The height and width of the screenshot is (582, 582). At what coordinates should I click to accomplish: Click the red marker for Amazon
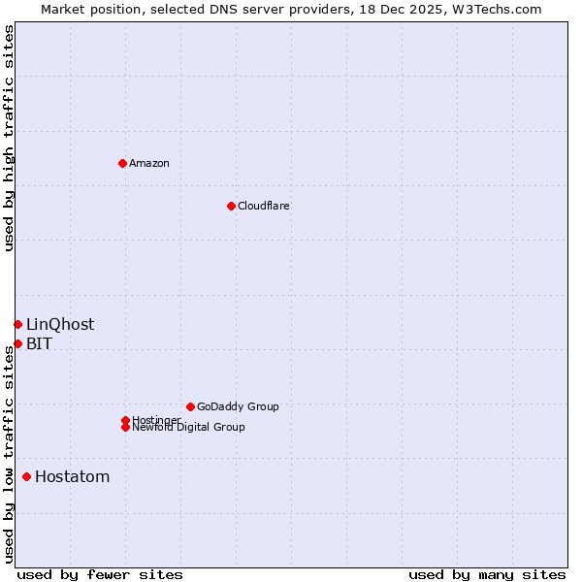[122, 163]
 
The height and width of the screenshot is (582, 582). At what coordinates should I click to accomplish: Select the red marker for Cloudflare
[231, 206]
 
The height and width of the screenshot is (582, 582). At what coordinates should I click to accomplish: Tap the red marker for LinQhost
[17, 324]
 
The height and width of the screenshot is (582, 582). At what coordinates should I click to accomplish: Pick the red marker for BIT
[17, 343]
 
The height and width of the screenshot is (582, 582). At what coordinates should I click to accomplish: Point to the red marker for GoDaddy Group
[190, 406]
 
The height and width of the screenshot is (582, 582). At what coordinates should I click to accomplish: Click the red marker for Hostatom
[26, 476]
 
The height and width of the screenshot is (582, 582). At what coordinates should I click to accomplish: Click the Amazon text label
[148, 163]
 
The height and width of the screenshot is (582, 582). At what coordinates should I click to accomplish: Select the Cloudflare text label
[263, 206]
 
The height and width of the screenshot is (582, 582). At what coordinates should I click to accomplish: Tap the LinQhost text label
[60, 324]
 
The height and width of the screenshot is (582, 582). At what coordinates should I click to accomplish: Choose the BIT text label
[39, 343]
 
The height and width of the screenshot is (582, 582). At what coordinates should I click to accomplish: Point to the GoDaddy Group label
[238, 406]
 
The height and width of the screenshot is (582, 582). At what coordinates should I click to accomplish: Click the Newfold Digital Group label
[188, 427]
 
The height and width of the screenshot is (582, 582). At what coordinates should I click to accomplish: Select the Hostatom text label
[72, 476]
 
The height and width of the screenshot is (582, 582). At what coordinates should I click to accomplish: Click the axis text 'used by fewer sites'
[100, 574]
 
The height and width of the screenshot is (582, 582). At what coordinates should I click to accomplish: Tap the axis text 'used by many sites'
[487, 574]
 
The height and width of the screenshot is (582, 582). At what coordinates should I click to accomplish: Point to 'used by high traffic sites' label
[9, 138]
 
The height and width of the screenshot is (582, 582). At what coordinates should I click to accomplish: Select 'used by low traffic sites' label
[9, 454]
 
